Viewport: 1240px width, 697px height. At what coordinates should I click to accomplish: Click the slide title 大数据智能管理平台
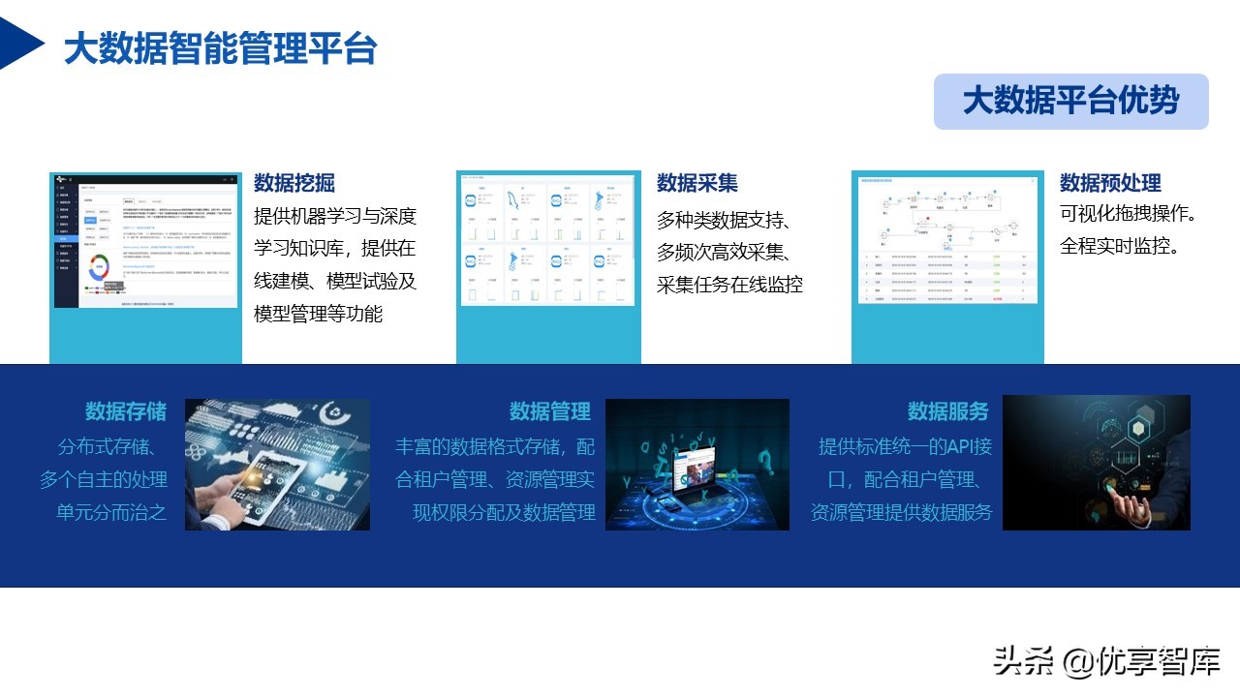pyautogui.click(x=220, y=48)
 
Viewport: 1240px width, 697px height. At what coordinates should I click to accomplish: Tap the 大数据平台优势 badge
pyautogui.click(x=1070, y=102)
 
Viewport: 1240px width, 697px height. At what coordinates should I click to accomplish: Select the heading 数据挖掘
pyautogui.click(x=294, y=183)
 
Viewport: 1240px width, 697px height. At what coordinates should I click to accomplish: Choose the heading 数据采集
pyautogui.click(x=697, y=183)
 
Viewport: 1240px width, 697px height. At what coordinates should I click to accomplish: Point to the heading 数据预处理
pyautogui.click(x=1110, y=183)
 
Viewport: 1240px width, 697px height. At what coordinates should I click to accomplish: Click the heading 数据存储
pyautogui.click(x=126, y=411)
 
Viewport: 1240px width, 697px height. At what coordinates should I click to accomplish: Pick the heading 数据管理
pyautogui.click(x=550, y=411)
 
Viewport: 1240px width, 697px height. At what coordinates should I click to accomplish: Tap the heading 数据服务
pyautogui.click(x=948, y=411)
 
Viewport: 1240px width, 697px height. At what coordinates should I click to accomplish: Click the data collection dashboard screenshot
pyautogui.click(x=548, y=239)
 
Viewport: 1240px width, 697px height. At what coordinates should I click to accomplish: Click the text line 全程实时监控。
pyautogui.click(x=1120, y=246)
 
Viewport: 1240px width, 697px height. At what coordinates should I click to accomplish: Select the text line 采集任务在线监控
pyautogui.click(x=729, y=285)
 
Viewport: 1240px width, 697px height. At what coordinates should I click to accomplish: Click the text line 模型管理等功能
pyautogui.click(x=318, y=314)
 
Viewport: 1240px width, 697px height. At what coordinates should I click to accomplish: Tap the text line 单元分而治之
pyautogui.click(x=111, y=512)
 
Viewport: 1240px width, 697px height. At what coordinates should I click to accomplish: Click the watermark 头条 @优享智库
pyautogui.click(x=1106, y=661)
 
